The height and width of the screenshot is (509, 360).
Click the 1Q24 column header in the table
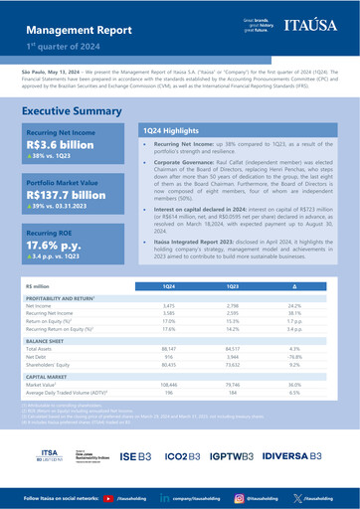coord(168,286)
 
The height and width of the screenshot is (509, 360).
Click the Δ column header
coord(293,286)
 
